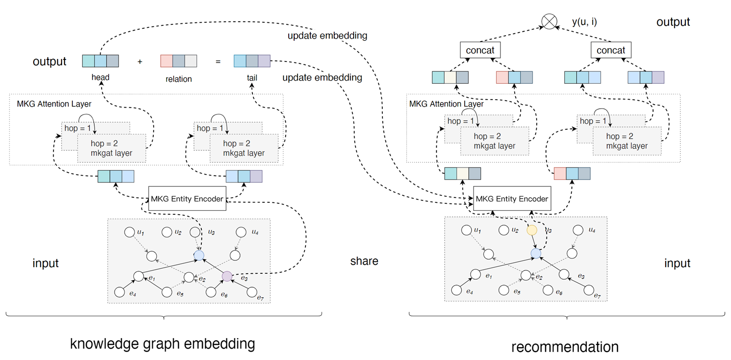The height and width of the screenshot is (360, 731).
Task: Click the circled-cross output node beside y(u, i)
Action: pyautogui.click(x=549, y=22)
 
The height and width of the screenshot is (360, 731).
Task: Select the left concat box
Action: pyautogui.click(x=480, y=50)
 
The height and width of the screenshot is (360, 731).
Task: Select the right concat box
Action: pyautogui.click(x=611, y=50)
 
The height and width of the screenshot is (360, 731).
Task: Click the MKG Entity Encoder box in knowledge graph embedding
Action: pyautogui.click(x=187, y=198)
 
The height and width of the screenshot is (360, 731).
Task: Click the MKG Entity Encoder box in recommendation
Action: pyautogui.click(x=512, y=198)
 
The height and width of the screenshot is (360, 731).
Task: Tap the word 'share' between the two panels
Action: pyautogui.click(x=365, y=261)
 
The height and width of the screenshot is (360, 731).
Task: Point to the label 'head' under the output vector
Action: pyautogui.click(x=100, y=77)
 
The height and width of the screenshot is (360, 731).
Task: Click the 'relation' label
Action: pyautogui.click(x=179, y=79)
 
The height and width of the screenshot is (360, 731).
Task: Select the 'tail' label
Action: pyautogui.click(x=251, y=77)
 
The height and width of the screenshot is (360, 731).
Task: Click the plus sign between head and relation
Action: pyautogui.click(x=140, y=62)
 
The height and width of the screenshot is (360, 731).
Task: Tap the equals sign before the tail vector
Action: pyautogui.click(x=218, y=62)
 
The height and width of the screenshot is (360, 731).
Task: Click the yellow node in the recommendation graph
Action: pyautogui.click(x=532, y=231)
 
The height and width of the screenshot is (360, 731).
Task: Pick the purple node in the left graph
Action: pyautogui.click(x=227, y=276)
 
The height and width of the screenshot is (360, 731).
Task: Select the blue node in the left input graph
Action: pyautogui.click(x=198, y=255)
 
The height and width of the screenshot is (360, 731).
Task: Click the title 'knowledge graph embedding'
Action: pyautogui.click(x=163, y=343)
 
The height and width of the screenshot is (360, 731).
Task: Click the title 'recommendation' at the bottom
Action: pyautogui.click(x=565, y=347)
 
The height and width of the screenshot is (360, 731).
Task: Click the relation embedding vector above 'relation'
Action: pyautogui.click(x=179, y=61)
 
